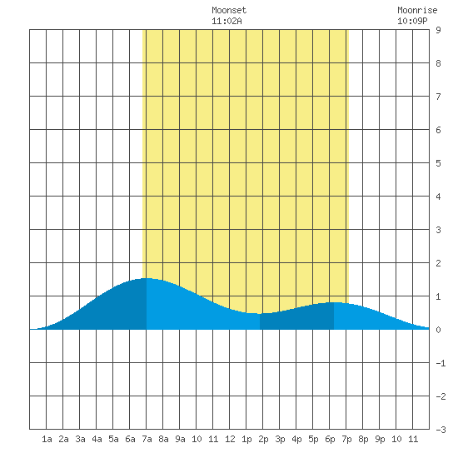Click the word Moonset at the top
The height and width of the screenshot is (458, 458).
pyautogui.click(x=229, y=10)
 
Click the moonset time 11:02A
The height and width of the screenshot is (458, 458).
pyautogui.click(x=227, y=21)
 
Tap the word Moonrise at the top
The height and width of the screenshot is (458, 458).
pyautogui.click(x=417, y=10)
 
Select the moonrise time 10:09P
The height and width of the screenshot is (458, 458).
pyautogui.click(x=412, y=21)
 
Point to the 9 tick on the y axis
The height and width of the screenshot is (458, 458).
pyautogui.click(x=438, y=30)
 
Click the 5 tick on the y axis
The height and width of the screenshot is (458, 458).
pyautogui.click(x=438, y=163)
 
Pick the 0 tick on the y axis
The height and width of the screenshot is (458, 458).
pyautogui.click(x=438, y=330)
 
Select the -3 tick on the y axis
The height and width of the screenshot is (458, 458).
pyautogui.click(x=441, y=430)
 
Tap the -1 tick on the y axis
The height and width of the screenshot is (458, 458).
pyautogui.click(x=441, y=363)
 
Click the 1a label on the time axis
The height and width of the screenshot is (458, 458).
pyautogui.click(x=47, y=439)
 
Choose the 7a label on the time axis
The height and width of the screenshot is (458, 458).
pyautogui.click(x=147, y=439)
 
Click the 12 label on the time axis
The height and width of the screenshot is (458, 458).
pyautogui.click(x=230, y=439)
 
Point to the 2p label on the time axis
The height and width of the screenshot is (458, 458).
pyautogui.click(x=263, y=440)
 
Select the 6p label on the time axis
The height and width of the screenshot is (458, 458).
pyautogui.click(x=330, y=440)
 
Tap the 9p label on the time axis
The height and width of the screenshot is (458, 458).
pyautogui.click(x=380, y=440)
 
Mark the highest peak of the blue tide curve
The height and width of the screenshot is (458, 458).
pyautogui.click(x=147, y=278)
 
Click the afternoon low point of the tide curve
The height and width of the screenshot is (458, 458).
pyautogui.click(x=260, y=313)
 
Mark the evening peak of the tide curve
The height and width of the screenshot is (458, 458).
pyautogui.click(x=334, y=302)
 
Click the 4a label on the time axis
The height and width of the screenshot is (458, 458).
pyautogui.click(x=97, y=439)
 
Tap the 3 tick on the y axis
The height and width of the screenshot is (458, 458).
pyautogui.click(x=438, y=230)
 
